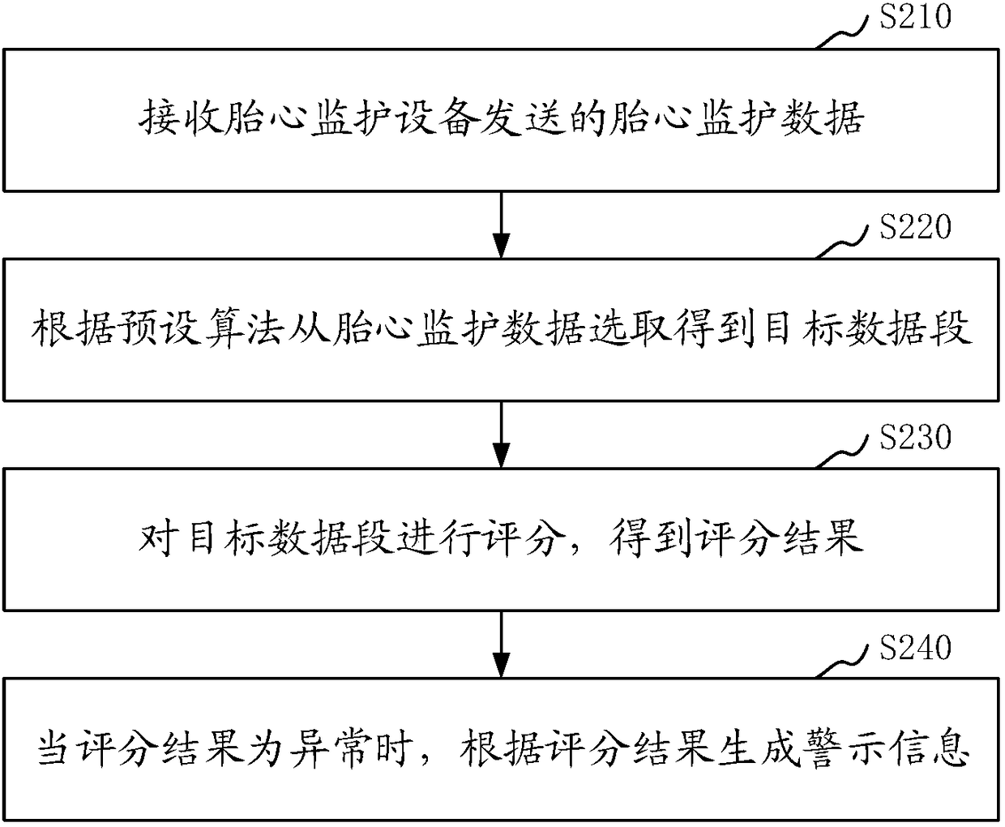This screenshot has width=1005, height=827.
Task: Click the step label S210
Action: point(915,17)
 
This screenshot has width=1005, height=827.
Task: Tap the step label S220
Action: point(915,228)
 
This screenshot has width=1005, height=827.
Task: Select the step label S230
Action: point(915,438)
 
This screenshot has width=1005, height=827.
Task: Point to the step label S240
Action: point(915,648)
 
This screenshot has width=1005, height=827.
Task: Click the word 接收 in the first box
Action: point(179,119)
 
